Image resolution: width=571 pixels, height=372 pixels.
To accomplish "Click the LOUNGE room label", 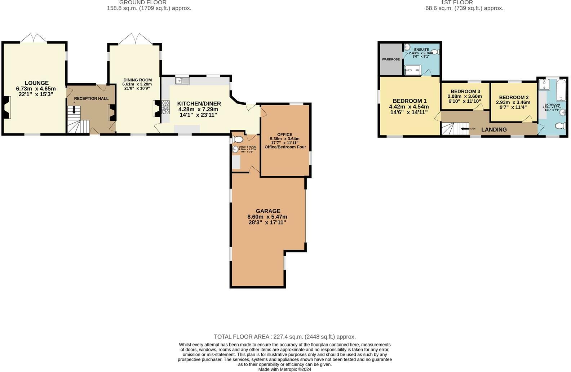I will tap(36, 83).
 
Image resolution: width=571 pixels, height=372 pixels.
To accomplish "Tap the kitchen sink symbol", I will tap(182, 81).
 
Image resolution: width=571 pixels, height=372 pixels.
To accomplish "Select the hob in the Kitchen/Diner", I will tap(166, 107).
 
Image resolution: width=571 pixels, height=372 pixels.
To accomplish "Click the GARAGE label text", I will tap(268, 211).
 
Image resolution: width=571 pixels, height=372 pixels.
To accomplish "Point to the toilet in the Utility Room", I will tap(238, 139).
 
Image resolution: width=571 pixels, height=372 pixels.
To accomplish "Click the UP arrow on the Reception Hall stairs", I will tap(74, 109).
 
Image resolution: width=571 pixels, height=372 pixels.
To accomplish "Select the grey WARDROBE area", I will tap(391, 59).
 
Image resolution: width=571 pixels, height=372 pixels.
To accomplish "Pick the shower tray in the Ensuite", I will tap(412, 70).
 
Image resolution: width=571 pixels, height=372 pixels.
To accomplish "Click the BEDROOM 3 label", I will tap(465, 91).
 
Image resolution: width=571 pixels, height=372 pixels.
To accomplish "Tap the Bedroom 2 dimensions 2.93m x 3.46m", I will tap(513, 102).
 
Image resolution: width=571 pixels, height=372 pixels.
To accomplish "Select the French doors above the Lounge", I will tap(34, 38).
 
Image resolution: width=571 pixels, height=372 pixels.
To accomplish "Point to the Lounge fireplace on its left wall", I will tap(6, 107).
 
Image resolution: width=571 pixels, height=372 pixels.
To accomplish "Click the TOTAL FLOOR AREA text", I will tap(284, 337).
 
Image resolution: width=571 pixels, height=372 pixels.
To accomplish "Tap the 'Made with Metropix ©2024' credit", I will tap(284, 369).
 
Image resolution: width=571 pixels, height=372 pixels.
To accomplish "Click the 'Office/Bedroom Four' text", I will tap(285, 147).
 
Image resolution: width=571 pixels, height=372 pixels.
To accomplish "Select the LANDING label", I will tap(494, 130).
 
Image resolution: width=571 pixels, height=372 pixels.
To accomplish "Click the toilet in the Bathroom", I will tap(560, 126).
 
